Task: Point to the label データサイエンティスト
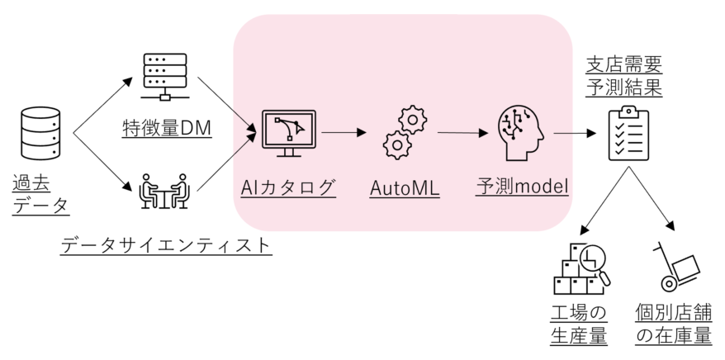(x=166, y=244)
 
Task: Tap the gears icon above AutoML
(x=405, y=132)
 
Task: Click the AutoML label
(x=405, y=189)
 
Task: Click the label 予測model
(x=523, y=187)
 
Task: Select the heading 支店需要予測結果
(x=624, y=76)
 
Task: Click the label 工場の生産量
(x=578, y=324)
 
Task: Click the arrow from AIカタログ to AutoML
(x=344, y=131)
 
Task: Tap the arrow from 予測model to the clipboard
(x=576, y=132)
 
